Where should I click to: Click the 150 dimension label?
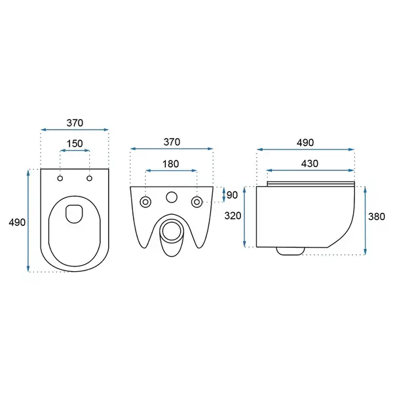pyautogui.click(x=75, y=143)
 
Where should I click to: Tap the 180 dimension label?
pyautogui.click(x=171, y=164)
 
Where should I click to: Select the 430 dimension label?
pyautogui.click(x=310, y=163)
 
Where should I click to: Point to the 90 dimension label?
pyautogui.click(x=232, y=195)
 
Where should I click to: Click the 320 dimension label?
pyautogui.click(x=233, y=215)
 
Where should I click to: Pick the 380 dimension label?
pyautogui.click(x=377, y=217)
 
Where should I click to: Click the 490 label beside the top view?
pyautogui.click(x=17, y=222)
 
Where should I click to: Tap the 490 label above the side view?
pyautogui.click(x=305, y=143)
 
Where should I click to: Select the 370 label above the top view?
pyautogui.click(x=75, y=123)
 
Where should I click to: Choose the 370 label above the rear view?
pyautogui.click(x=172, y=142)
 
